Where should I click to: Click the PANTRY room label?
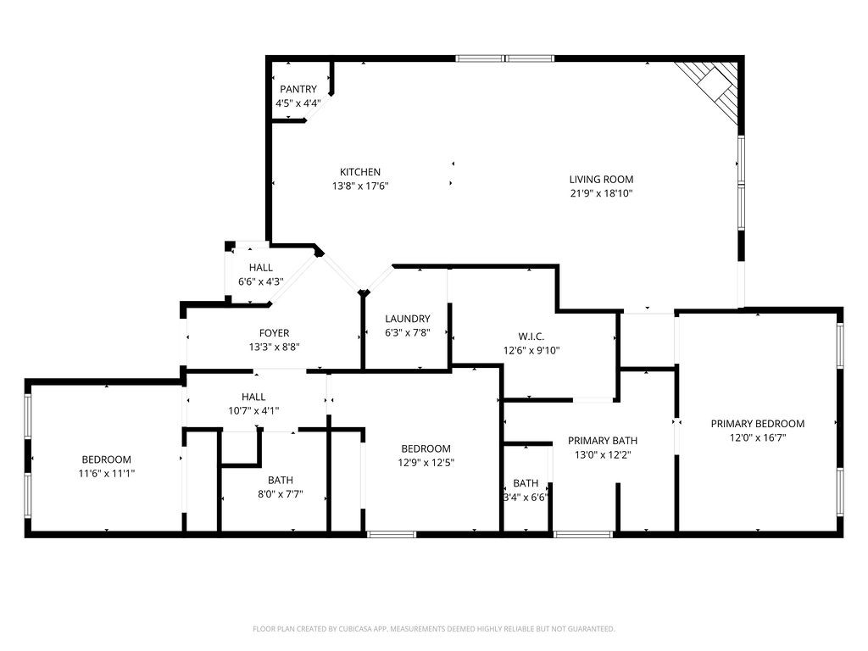(x=298, y=89)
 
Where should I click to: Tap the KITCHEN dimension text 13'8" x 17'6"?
(x=360, y=186)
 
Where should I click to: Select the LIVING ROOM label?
(x=601, y=179)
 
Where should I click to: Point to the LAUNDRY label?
(x=407, y=319)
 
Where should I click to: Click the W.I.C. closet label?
(x=531, y=336)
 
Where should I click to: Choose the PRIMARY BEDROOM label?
(x=757, y=424)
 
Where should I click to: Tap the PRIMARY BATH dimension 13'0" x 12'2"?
(x=602, y=454)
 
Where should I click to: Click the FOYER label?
(x=274, y=333)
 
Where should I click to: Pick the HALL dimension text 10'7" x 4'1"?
(x=253, y=410)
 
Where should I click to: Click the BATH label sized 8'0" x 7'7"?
(x=281, y=480)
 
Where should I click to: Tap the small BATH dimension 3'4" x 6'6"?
(x=525, y=498)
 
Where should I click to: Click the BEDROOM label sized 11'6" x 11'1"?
(x=106, y=459)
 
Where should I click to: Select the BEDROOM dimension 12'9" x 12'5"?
(x=426, y=463)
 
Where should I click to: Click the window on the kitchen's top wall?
(x=505, y=58)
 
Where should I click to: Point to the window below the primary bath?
(x=583, y=534)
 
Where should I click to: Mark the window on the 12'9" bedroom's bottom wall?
(x=392, y=534)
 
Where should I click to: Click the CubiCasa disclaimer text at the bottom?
(x=433, y=629)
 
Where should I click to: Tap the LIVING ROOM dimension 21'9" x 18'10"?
(x=601, y=193)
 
